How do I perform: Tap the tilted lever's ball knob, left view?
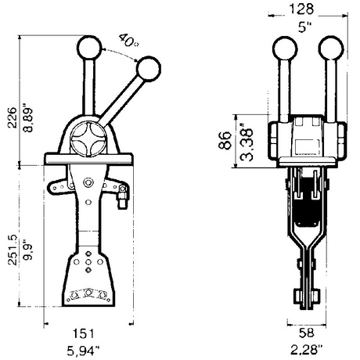(x=148, y=70)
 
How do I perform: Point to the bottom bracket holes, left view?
(x=89, y=294)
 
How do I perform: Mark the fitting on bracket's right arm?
(x=122, y=202)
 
